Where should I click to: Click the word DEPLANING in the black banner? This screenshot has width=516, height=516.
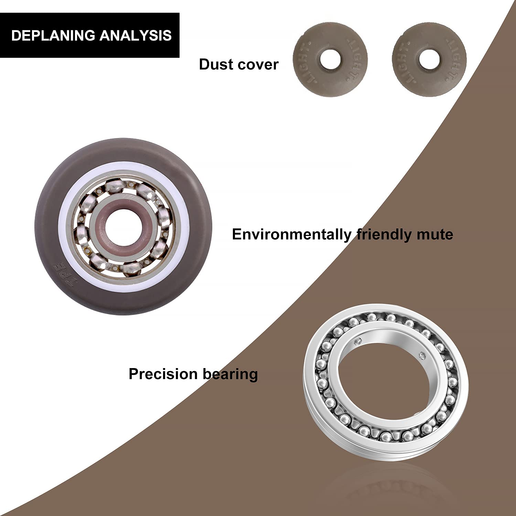pos(53,36)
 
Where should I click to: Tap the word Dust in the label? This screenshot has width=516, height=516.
pos(215,65)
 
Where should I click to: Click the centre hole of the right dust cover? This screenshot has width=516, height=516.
pos(429,60)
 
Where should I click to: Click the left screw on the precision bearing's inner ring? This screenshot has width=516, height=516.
pos(358,341)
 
